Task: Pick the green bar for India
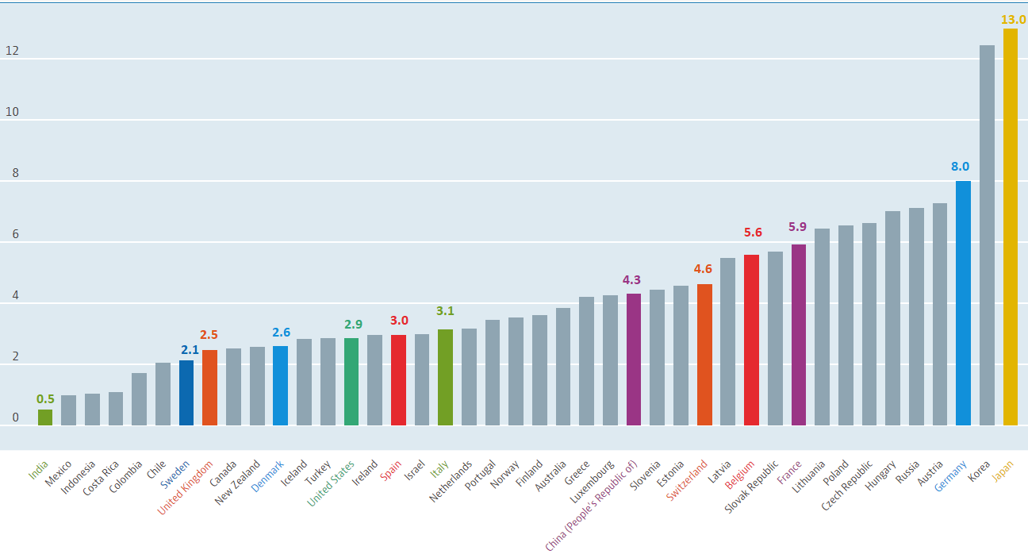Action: [45, 417]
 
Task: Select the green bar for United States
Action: [351, 382]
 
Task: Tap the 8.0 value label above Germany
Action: [961, 167]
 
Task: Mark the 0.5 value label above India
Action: [45, 398]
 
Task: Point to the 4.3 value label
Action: [632, 280]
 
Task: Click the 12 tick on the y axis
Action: [12, 52]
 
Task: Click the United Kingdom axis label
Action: [186, 487]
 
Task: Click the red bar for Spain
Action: [398, 380]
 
